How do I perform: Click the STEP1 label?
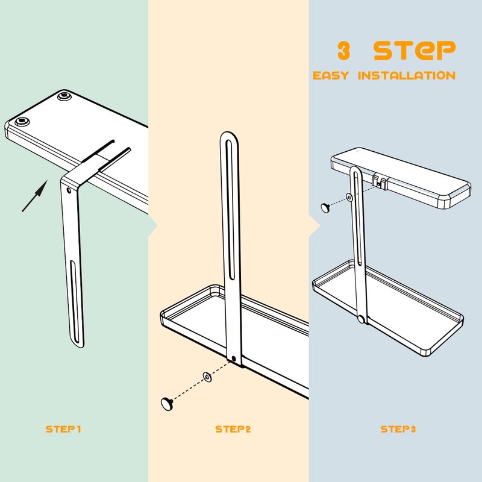[x=63, y=429]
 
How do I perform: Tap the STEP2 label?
[x=233, y=429]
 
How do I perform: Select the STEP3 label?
[x=398, y=429]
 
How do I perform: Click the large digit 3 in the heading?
[x=343, y=51]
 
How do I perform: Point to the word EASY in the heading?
[x=331, y=76]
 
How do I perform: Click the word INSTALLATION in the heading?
[x=407, y=76]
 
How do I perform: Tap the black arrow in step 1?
[x=35, y=196]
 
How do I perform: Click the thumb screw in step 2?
[x=167, y=404]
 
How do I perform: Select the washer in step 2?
[x=207, y=377]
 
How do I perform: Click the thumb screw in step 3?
[x=325, y=207]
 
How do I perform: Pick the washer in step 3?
[x=349, y=198]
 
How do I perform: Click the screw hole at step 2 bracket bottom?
[x=233, y=358]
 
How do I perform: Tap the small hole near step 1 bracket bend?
[x=69, y=190]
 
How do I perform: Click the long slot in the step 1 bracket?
[x=75, y=301]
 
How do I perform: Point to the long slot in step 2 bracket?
[x=230, y=210]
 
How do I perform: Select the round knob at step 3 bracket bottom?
[x=361, y=319]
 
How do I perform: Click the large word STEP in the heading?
[x=415, y=51]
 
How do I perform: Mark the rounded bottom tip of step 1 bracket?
[x=79, y=345]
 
